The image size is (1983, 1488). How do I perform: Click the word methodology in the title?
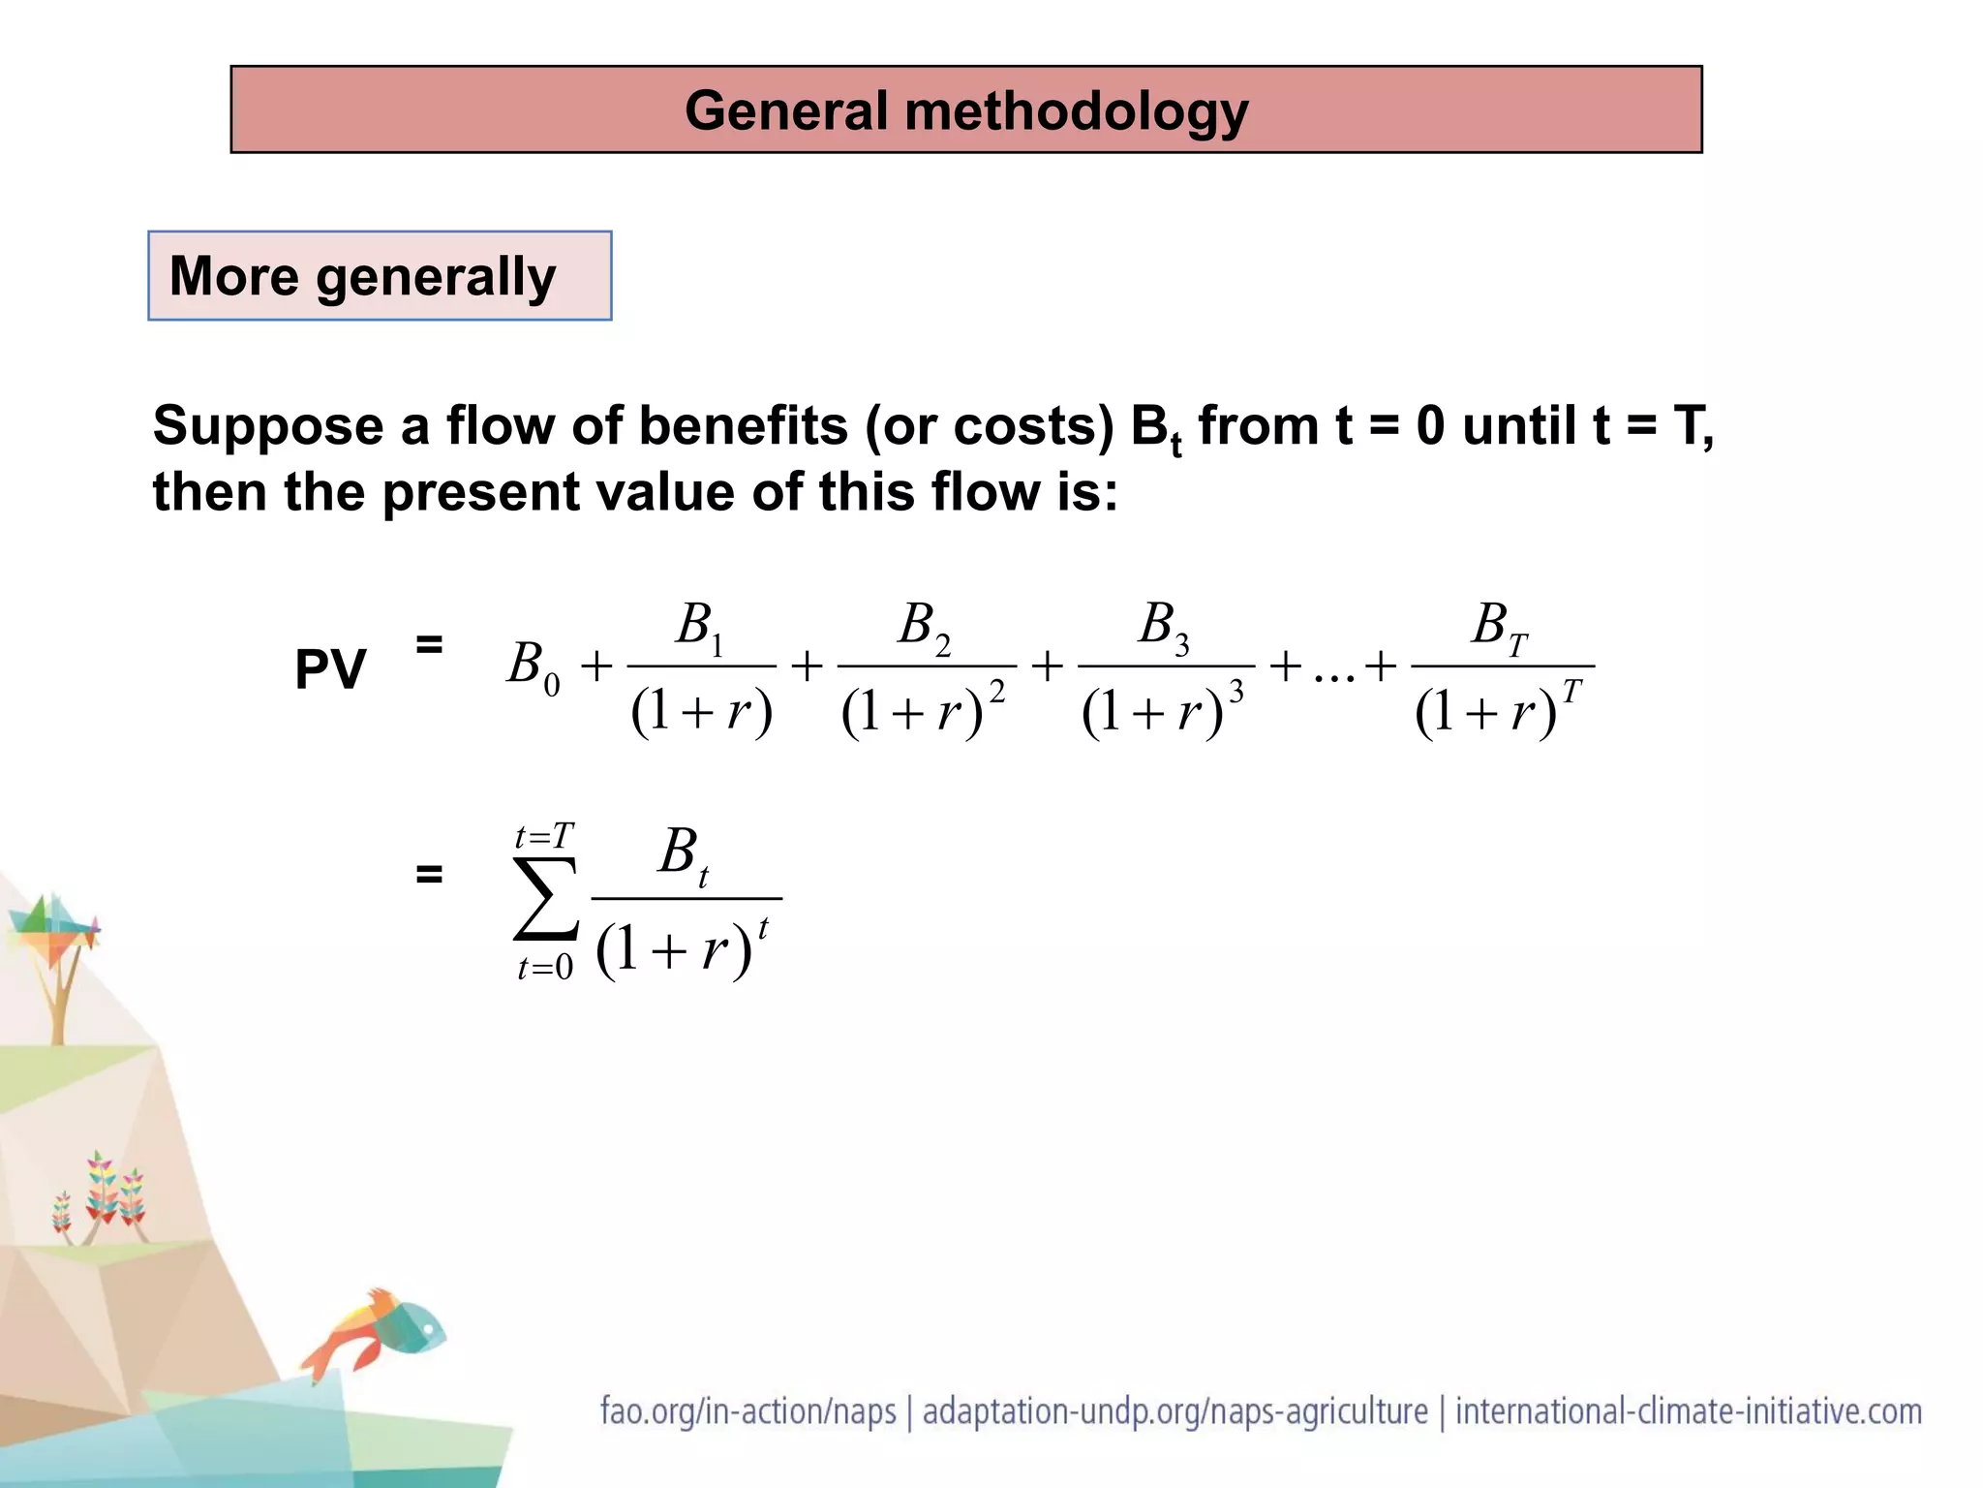tap(1076, 111)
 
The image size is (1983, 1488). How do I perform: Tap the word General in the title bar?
tap(786, 109)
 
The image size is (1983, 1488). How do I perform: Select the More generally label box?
tap(380, 276)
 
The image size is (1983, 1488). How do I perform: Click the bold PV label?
tap(330, 668)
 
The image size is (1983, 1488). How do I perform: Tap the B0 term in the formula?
tap(534, 666)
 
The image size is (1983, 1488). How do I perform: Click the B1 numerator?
tap(700, 626)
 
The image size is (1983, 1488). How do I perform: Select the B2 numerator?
tap(925, 626)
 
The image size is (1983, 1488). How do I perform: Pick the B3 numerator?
tap(1164, 626)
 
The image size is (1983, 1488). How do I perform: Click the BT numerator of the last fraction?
tap(1500, 626)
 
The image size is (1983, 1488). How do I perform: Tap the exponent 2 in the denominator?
tap(996, 692)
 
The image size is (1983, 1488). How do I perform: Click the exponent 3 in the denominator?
tap(1236, 692)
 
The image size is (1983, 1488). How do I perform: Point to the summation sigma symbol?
tap(546, 900)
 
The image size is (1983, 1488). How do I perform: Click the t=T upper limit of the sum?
tap(544, 836)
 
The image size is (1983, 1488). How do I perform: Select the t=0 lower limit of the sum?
tap(545, 967)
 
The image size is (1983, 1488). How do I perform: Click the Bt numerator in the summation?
tap(683, 854)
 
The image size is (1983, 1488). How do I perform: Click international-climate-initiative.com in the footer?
tap(1689, 1410)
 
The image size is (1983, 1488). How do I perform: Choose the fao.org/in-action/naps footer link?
tap(748, 1410)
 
